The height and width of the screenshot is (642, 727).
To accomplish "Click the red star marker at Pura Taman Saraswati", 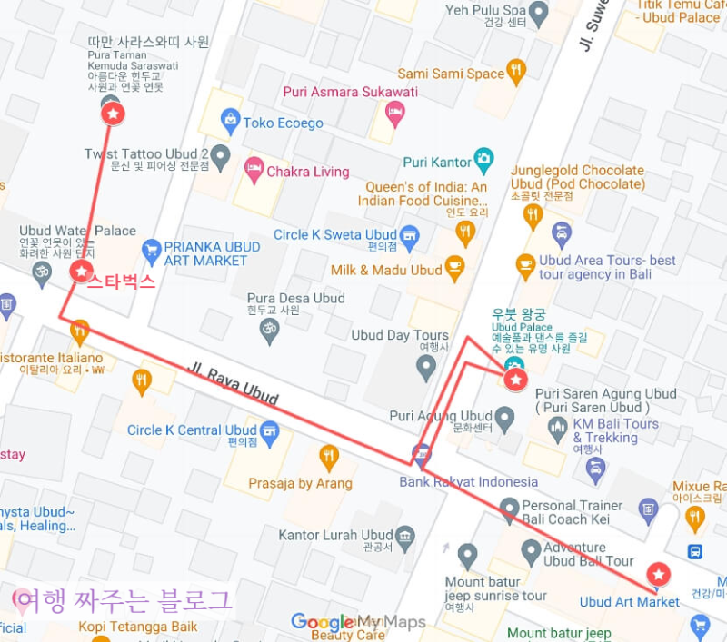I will coord(112,114).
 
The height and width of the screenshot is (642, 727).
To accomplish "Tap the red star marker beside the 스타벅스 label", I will coord(81,271).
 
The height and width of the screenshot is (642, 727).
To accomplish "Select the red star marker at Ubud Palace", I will coord(515,380).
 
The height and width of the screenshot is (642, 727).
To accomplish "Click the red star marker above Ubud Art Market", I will coord(658,574).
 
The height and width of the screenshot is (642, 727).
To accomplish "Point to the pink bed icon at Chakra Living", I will coord(254,170).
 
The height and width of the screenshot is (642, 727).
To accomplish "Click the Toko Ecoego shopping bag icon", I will coord(231,122).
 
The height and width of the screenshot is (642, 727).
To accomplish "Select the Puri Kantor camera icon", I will coord(484,161).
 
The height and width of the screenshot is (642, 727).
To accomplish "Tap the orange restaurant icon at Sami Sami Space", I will coord(516,72).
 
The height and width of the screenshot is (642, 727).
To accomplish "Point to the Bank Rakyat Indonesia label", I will coord(468,482).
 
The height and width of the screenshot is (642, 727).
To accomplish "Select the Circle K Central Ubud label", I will coord(192,430).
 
